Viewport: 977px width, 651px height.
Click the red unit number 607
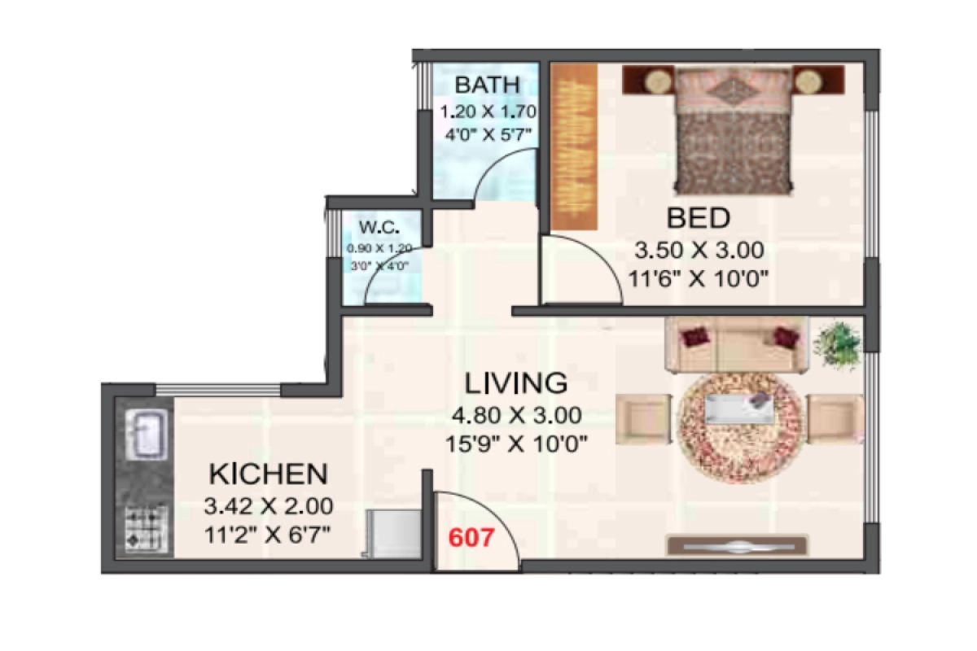click(x=471, y=538)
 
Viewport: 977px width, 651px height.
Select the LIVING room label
click(x=515, y=382)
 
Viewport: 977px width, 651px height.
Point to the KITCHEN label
click(x=268, y=473)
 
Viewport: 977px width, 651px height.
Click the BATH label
click(x=486, y=85)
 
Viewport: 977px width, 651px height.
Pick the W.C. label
click(x=379, y=227)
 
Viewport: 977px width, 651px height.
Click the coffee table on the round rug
click(x=738, y=408)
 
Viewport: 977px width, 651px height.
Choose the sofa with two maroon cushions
click(x=736, y=345)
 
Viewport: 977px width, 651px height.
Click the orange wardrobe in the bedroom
click(x=574, y=146)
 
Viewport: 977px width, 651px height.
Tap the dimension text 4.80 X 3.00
click(x=515, y=415)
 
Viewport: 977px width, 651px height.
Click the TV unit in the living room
click(x=737, y=544)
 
